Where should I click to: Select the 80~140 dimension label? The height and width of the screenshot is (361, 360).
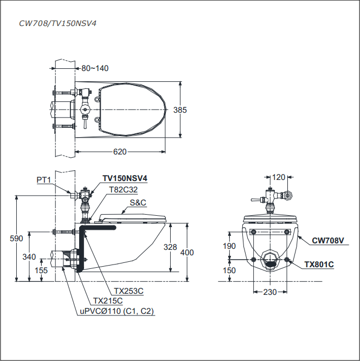(x=95, y=68)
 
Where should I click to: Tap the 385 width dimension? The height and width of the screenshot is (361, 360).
(x=180, y=110)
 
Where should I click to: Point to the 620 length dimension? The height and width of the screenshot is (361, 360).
(x=120, y=152)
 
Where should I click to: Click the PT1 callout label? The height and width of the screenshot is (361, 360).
(x=43, y=179)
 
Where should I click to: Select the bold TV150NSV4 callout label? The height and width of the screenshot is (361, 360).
(x=125, y=178)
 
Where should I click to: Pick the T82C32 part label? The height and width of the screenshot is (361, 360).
(x=124, y=190)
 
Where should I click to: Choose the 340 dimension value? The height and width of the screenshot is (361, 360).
(x=29, y=256)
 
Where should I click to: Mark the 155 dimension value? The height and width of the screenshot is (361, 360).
(x=41, y=269)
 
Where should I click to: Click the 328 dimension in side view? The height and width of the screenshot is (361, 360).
(x=171, y=247)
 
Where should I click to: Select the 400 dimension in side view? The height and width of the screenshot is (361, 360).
(x=187, y=253)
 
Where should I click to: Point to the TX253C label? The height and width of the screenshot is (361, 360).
(x=128, y=291)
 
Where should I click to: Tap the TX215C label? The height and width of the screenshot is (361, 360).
(x=108, y=301)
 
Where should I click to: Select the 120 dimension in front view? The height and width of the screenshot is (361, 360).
(x=279, y=177)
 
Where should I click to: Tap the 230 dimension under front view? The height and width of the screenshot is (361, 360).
(x=270, y=292)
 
